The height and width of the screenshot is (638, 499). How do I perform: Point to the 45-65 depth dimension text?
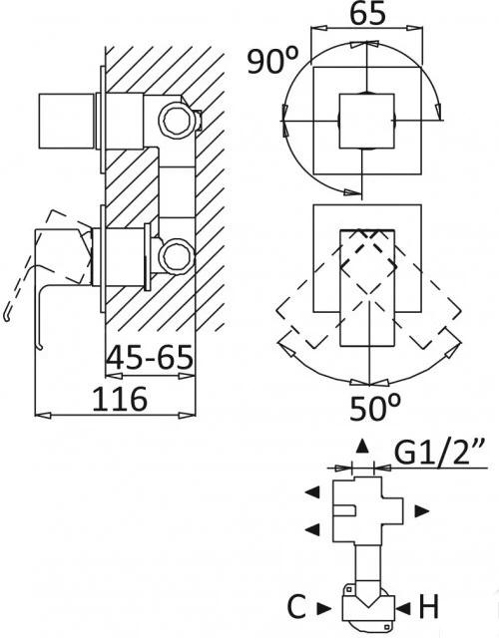pos(150,356)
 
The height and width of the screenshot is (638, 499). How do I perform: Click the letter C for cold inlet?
pos(296,604)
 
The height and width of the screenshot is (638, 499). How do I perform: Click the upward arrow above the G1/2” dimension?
pos(361,444)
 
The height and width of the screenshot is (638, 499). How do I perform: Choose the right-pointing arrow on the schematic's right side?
pos(422,510)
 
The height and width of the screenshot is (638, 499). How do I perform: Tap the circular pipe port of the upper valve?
pos(179,121)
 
